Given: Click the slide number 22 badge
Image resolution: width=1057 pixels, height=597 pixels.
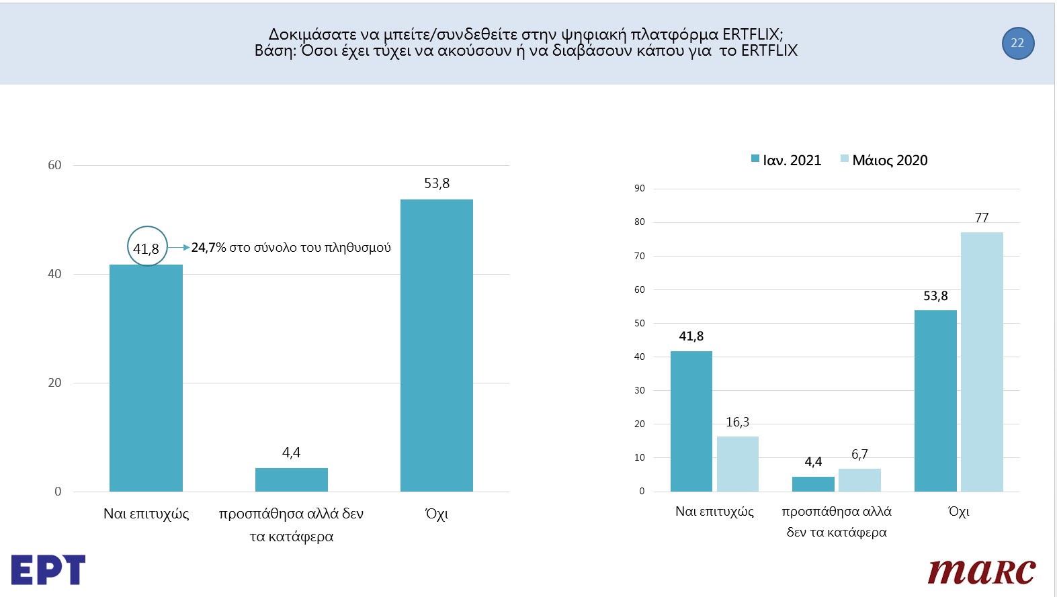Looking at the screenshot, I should click(x=1017, y=43).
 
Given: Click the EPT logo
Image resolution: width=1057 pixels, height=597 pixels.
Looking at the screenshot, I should click(x=48, y=569).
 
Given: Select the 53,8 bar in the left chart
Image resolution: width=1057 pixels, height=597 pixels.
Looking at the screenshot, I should click(x=436, y=345).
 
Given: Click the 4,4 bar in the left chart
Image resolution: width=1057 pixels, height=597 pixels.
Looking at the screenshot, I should click(x=291, y=479).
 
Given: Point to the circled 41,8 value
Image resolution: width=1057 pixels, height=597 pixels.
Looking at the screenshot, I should click(x=146, y=247).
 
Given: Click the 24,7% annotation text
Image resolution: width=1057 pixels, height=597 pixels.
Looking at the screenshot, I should click(x=290, y=248).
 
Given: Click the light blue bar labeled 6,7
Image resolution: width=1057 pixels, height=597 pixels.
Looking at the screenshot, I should click(x=859, y=479).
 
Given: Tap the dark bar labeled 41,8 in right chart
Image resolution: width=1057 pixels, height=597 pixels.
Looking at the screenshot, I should click(x=691, y=421).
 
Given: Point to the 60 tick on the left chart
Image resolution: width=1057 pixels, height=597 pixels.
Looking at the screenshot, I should click(x=54, y=165).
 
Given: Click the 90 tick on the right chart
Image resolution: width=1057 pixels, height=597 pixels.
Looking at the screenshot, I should click(x=639, y=189).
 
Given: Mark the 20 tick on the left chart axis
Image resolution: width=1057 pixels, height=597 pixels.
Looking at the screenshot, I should click(x=54, y=383).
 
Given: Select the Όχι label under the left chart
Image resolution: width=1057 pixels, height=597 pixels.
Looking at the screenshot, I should click(x=436, y=514).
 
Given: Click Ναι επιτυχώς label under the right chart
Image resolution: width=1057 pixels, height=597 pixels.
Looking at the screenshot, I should click(x=714, y=512).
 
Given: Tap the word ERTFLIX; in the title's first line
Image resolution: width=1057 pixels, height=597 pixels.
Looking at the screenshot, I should click(x=753, y=34).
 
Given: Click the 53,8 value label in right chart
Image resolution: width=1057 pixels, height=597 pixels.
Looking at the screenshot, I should click(x=935, y=296).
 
